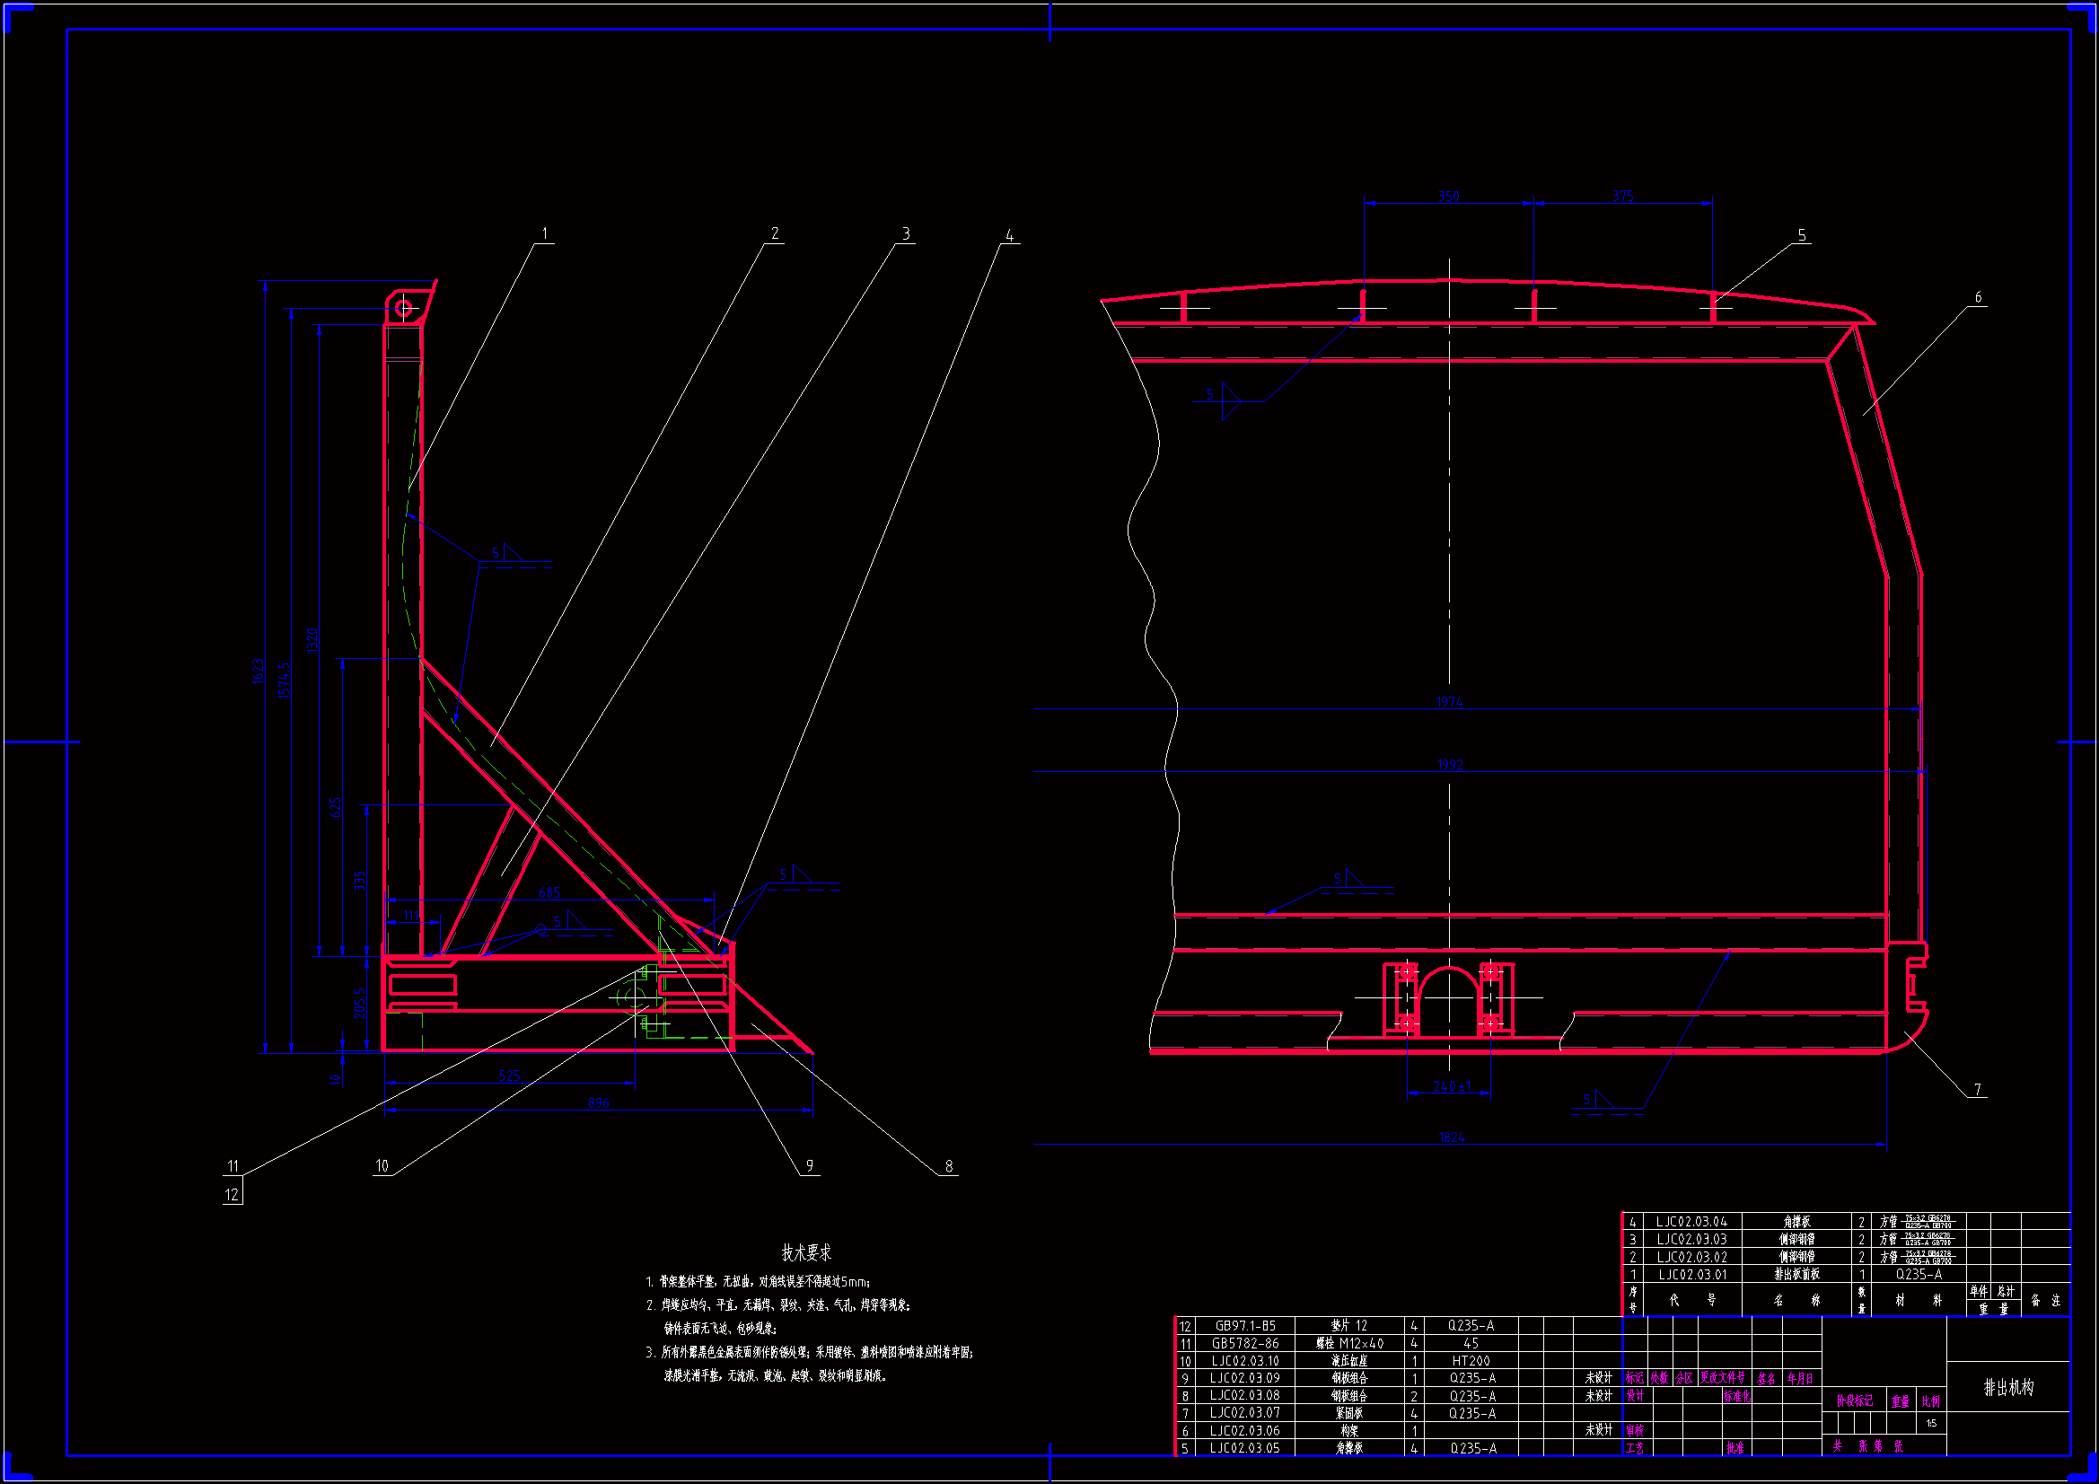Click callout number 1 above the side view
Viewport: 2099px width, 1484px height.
pyautogui.click(x=545, y=234)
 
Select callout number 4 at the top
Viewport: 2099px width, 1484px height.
pyautogui.click(x=1009, y=236)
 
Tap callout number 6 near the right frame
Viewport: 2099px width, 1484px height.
pyautogui.click(x=1978, y=297)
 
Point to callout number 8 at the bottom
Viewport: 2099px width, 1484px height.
pyautogui.click(x=949, y=1166)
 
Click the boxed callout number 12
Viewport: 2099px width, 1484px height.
pyautogui.click(x=233, y=1194)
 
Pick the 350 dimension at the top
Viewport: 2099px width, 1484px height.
pyautogui.click(x=1449, y=197)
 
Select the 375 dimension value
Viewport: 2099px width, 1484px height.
pyautogui.click(x=1622, y=196)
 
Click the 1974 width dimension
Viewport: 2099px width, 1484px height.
pyautogui.click(x=1450, y=702)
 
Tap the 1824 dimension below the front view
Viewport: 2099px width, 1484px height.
pyautogui.click(x=1452, y=1137)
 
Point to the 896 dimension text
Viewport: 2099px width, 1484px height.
pyautogui.click(x=598, y=1102)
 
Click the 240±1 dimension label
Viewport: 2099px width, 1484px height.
pyautogui.click(x=1452, y=1086)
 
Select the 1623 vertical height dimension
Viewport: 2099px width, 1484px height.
pyautogui.click(x=258, y=671)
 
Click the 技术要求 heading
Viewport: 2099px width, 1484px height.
pyautogui.click(x=806, y=1252)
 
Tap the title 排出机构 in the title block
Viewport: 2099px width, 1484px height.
pyautogui.click(x=2008, y=1387)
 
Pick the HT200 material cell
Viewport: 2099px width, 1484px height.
pyautogui.click(x=1471, y=1361)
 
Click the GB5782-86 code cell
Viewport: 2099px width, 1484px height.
pyautogui.click(x=1244, y=1343)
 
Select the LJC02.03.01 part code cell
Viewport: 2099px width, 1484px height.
pyautogui.click(x=1692, y=1274)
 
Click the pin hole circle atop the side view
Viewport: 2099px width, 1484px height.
pyautogui.click(x=404, y=309)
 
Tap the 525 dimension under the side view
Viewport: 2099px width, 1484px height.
pyautogui.click(x=509, y=1076)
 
